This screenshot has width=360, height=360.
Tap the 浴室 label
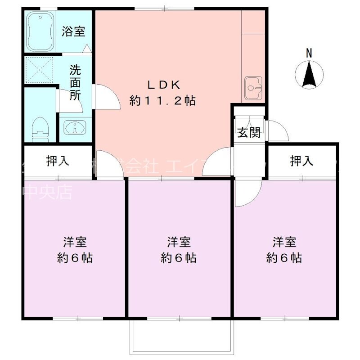[73, 32]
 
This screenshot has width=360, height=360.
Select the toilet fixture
[40, 128]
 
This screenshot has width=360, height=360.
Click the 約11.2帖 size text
[162, 100]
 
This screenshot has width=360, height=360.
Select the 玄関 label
[248, 132]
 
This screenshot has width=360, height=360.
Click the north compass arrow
[309, 75]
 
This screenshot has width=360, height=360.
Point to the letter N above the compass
[309, 53]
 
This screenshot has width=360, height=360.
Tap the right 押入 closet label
[302, 161]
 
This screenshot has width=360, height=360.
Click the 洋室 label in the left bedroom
[75, 242]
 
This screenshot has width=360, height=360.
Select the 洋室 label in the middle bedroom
[179, 242]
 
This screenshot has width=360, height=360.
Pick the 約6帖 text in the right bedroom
[284, 258]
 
